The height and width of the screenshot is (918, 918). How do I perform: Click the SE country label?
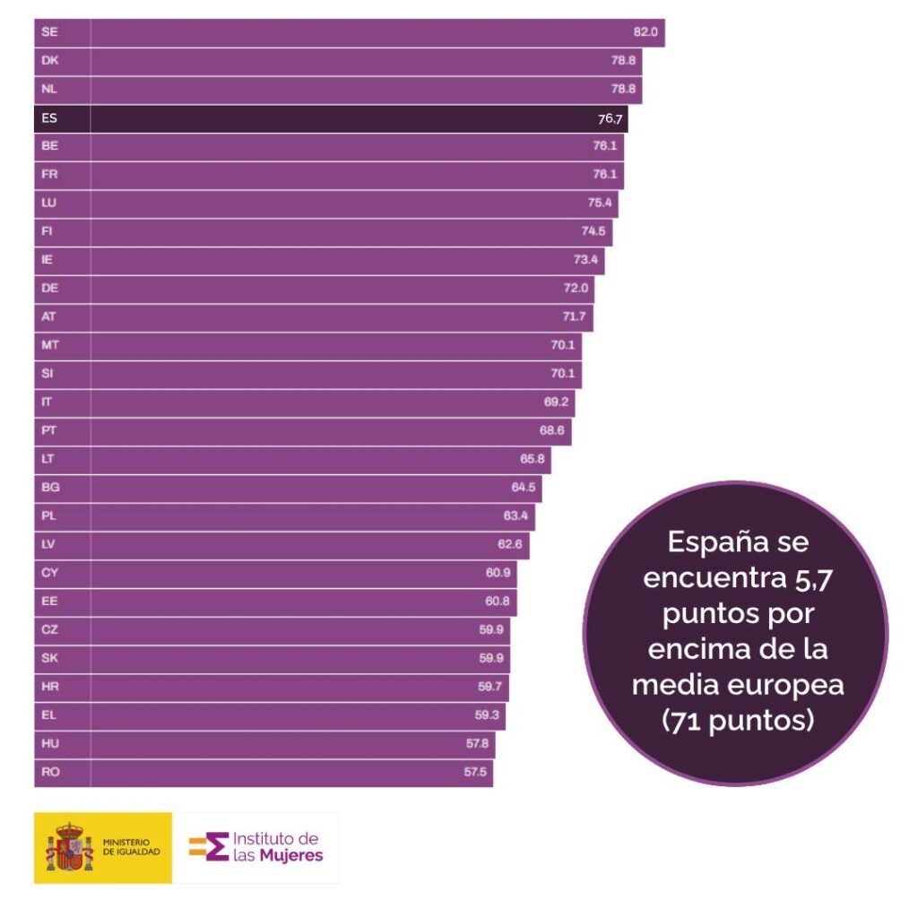49,32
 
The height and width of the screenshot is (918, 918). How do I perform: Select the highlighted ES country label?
49,118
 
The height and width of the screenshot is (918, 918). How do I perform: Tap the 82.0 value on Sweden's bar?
645,32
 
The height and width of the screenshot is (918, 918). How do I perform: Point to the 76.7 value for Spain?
611,118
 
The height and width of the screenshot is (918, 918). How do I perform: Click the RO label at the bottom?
50,772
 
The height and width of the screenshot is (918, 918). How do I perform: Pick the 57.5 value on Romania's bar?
475,772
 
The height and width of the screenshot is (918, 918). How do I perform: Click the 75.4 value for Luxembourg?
600,204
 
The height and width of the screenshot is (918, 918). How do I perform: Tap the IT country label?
48,403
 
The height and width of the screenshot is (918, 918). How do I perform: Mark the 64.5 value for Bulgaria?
524,488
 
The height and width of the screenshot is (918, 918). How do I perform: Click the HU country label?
50,743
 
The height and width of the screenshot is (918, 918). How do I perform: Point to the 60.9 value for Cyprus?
498,573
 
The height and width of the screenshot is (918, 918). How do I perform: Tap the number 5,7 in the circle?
812,578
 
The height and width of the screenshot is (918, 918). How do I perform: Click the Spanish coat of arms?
69,847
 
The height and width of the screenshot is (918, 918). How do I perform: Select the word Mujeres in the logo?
291,855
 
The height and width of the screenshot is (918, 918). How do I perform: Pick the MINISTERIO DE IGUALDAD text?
132,847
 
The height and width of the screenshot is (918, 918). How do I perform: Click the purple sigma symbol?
216,847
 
